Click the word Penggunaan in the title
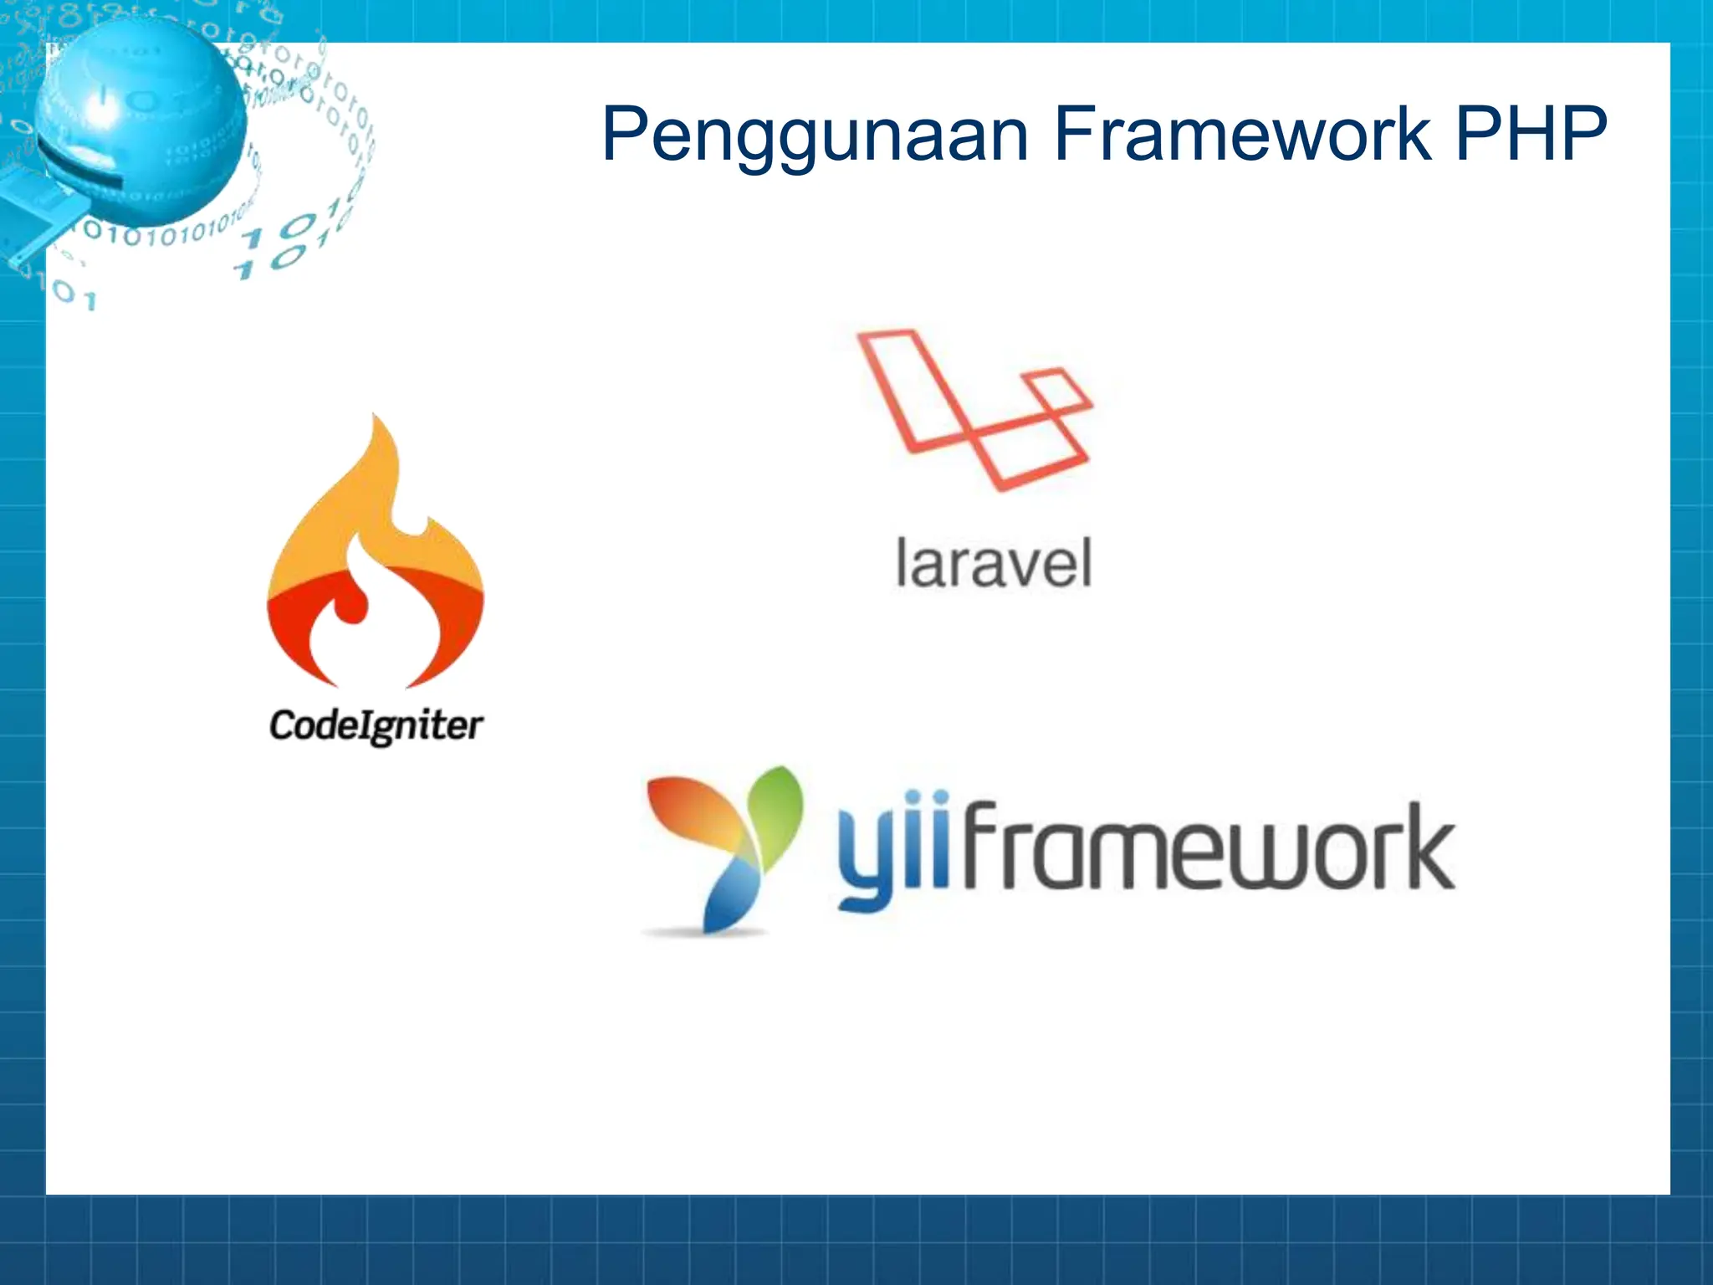815,136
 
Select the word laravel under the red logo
993,564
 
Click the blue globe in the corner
138,117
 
